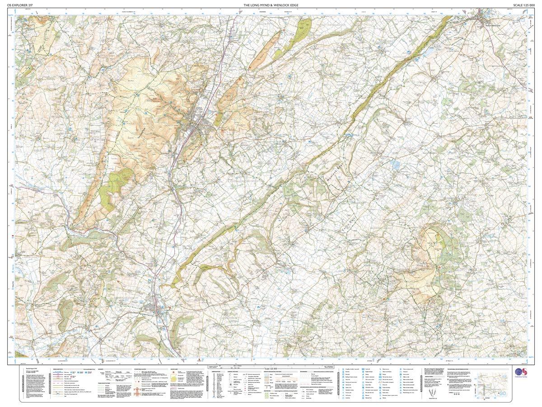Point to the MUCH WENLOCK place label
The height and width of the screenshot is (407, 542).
(x=491, y=26)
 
